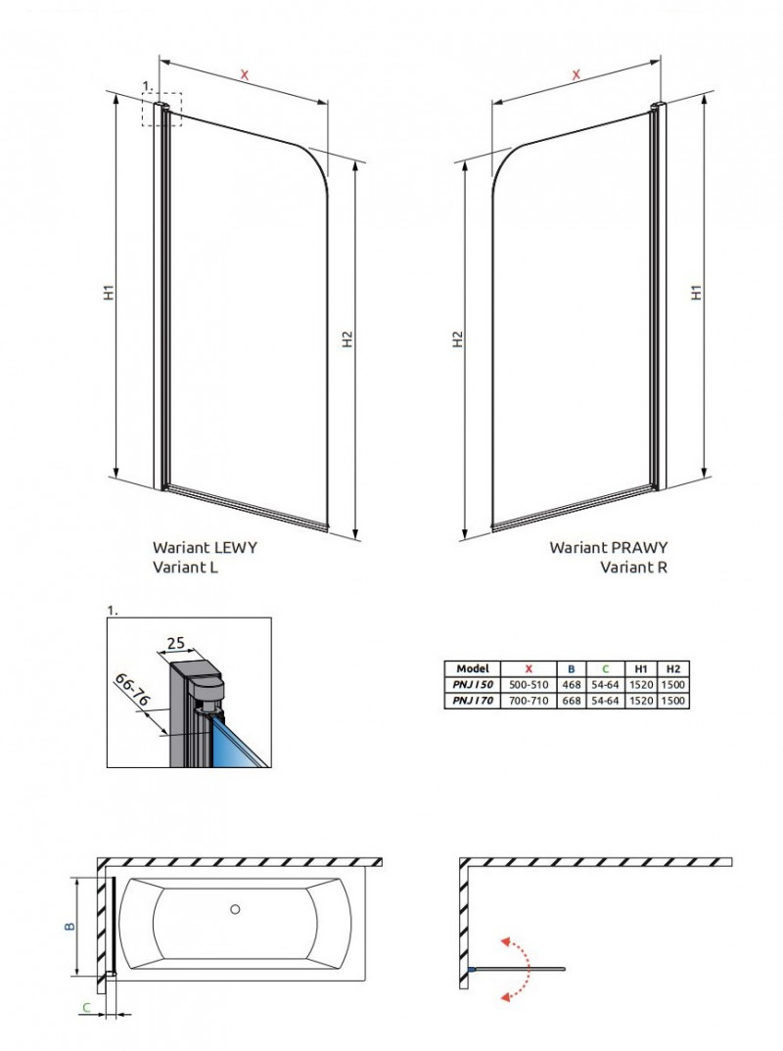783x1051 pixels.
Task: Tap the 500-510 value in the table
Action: (x=529, y=685)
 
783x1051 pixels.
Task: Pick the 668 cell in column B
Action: (x=572, y=701)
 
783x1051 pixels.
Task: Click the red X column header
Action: (x=529, y=668)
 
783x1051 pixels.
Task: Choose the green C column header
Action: (x=605, y=668)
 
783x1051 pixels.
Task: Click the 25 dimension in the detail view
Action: (x=176, y=643)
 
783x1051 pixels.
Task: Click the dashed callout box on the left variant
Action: (x=161, y=109)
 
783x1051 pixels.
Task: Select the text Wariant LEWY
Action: (x=205, y=548)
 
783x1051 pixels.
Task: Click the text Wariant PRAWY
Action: (x=608, y=548)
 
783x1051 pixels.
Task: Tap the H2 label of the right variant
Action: (x=457, y=339)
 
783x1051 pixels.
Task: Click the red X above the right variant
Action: (x=576, y=74)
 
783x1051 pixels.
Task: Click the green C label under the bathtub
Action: (x=87, y=1007)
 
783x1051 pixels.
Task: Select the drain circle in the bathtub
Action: (x=235, y=910)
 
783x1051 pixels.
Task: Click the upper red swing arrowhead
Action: (x=506, y=940)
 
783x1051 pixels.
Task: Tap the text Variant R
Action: (x=633, y=567)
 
